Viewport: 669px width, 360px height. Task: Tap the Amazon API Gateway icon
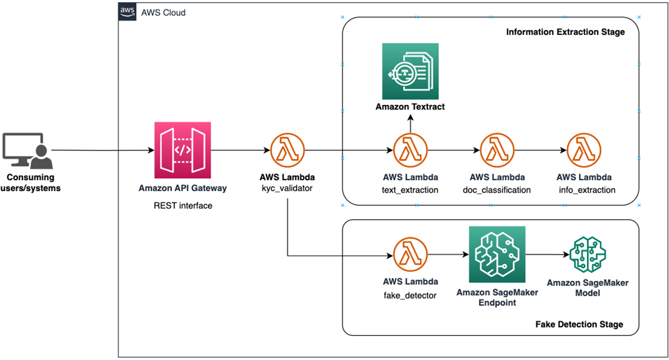[183, 150]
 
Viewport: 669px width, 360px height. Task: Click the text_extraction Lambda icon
[410, 150]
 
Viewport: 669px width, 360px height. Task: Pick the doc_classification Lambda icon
[497, 150]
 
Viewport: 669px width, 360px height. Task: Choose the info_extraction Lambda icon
[584, 150]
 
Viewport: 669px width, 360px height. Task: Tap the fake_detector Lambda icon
[410, 255]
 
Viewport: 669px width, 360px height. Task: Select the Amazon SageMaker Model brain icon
[587, 255]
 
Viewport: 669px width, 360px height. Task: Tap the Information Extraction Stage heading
[565, 32]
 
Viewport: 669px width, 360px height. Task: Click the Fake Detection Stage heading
[579, 324]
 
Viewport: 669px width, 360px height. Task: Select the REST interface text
[183, 205]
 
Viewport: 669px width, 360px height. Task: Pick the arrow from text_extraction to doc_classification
[453, 150]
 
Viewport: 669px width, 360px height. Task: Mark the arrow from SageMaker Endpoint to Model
[546, 255]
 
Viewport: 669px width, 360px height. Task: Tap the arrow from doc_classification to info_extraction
[540, 150]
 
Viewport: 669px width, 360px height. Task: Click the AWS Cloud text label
[163, 13]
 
